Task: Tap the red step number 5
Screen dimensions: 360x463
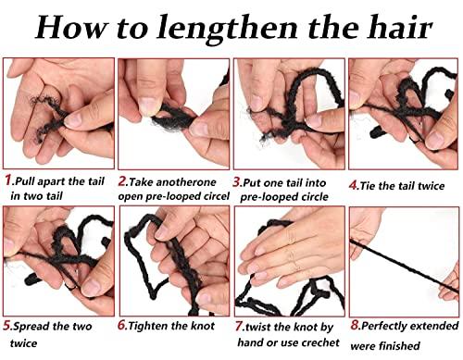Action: (7, 325)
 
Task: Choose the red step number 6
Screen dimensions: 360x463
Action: (122, 325)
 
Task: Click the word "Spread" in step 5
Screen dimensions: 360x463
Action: (34, 326)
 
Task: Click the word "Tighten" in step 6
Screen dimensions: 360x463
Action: (153, 326)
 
